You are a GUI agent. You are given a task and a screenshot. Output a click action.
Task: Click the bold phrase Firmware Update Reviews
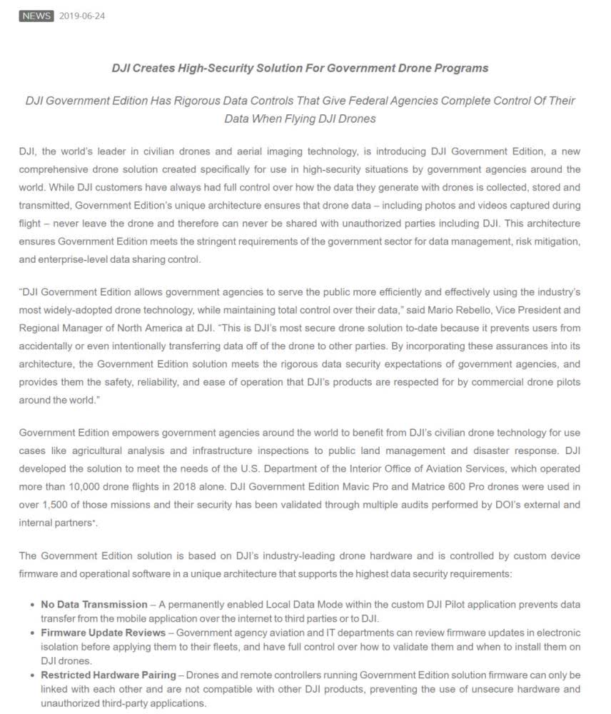click(x=105, y=633)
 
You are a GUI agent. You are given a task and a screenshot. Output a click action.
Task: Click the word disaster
click(x=493, y=451)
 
